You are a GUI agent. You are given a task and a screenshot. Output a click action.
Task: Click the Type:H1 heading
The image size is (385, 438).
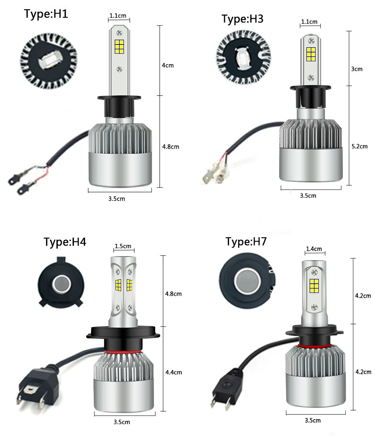46,14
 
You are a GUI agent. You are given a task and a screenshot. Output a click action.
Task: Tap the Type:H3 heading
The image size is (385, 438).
242,19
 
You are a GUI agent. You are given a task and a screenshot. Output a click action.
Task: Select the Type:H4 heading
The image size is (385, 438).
65,242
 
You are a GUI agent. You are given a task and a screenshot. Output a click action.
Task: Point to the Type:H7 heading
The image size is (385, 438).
246,242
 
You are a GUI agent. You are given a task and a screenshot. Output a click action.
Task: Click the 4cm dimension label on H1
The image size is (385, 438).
168,65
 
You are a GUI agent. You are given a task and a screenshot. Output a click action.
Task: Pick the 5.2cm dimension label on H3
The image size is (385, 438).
360,146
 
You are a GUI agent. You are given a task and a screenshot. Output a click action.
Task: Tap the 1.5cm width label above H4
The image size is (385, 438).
123,246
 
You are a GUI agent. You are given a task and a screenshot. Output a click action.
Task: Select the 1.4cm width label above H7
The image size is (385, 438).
314,249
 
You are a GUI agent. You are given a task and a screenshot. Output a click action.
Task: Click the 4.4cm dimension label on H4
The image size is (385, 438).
174,372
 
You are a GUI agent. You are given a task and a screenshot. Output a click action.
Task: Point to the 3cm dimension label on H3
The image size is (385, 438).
357,69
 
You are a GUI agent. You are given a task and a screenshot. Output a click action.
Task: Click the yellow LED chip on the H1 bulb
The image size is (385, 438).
119,46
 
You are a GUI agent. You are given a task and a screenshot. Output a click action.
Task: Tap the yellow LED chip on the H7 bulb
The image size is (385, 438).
314,286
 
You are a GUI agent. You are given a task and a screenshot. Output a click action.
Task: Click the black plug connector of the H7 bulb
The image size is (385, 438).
227,388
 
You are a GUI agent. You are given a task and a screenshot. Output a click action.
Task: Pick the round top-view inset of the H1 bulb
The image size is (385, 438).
49,61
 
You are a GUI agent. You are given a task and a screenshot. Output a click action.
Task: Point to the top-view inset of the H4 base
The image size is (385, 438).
61,283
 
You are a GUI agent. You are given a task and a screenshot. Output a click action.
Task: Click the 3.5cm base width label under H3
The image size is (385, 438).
308,196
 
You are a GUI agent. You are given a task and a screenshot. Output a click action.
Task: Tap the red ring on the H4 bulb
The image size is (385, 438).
123,351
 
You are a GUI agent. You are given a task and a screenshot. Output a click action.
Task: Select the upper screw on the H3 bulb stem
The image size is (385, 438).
311,41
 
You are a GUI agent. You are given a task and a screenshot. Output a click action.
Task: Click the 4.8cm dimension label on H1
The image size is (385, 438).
170,147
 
